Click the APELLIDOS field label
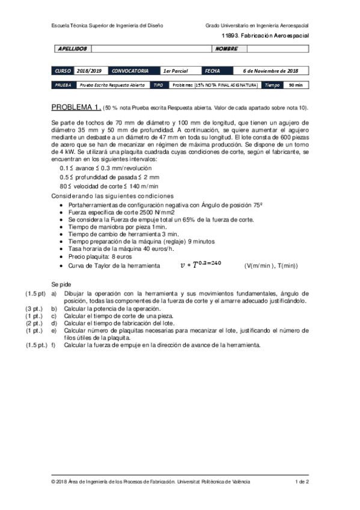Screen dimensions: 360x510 coord(73,48)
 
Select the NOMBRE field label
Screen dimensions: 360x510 coord(227,48)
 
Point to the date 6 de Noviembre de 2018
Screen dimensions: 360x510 coord(270,70)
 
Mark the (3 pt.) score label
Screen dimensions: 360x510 coord(33,308)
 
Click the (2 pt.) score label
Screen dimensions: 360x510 coord(33,323)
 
